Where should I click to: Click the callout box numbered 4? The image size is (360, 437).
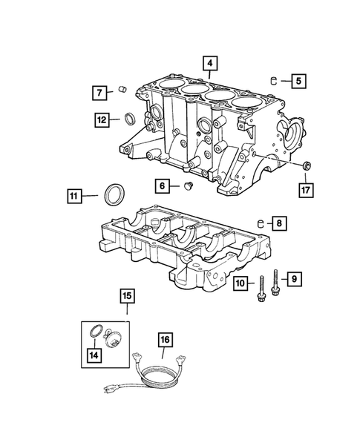tap(212, 64)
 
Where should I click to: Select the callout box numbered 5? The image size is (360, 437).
tap(297, 80)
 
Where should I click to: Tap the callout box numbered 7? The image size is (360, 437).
tap(99, 93)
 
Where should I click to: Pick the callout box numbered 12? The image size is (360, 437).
tap(102, 118)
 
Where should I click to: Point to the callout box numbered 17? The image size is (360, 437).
tap(306, 190)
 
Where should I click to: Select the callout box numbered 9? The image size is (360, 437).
tap(295, 279)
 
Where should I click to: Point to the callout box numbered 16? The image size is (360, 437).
tap(164, 341)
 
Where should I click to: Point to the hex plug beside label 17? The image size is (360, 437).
tap(306, 165)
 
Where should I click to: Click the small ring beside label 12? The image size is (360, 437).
tap(130, 119)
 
